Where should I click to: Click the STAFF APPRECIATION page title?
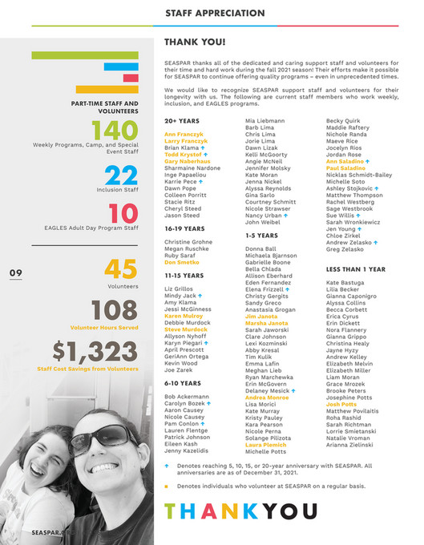coord(212,13)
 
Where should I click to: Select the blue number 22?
coord(121,176)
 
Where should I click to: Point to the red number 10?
coord(123,214)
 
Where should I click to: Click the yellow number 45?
coord(123,269)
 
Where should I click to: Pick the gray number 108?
coord(115,310)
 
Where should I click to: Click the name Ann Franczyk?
coord(184,134)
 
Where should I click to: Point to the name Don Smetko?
coord(181,262)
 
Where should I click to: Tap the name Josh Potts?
coord(341,405)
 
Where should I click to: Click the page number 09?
coord(15,273)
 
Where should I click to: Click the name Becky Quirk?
coord(341,119)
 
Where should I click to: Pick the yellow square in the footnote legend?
coord(167,486)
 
